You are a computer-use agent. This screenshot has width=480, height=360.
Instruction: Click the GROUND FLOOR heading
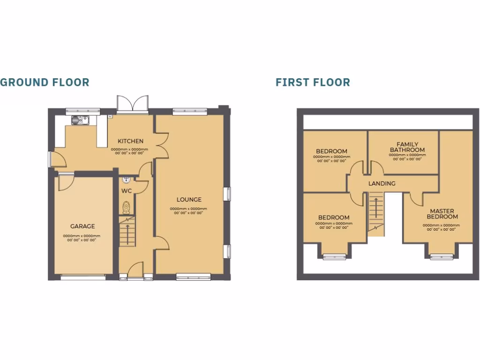[45, 82]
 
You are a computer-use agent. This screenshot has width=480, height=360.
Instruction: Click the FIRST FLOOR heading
[313, 82]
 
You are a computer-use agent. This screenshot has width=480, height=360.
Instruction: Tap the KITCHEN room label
[130, 141]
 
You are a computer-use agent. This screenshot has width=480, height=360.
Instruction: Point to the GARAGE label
[82, 226]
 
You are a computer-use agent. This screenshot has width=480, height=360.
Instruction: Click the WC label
[127, 191]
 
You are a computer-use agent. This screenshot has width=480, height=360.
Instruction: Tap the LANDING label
[382, 184]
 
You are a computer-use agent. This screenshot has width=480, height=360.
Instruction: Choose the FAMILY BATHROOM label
[407, 147]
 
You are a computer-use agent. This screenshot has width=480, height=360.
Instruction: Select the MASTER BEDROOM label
[442, 214]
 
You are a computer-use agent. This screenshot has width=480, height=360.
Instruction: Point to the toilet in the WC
[126, 207]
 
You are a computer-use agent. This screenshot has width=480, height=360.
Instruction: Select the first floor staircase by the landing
[375, 213]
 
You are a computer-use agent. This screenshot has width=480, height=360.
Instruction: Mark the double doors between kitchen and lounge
[161, 143]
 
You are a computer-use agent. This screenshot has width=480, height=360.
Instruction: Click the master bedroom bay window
[442, 256]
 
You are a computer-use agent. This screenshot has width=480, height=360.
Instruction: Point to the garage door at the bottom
[83, 277]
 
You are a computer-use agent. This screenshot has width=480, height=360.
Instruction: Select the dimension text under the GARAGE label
[82, 238]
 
